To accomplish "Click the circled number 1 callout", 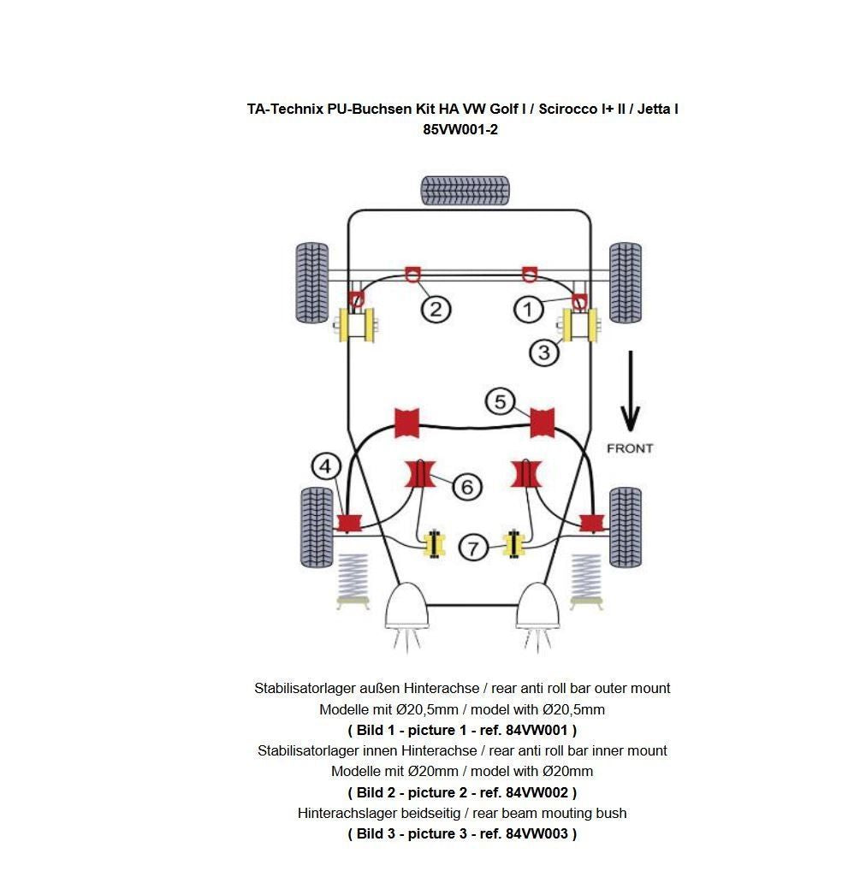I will (x=528, y=309).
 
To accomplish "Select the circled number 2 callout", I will (x=435, y=309).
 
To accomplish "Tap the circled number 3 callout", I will (x=544, y=352).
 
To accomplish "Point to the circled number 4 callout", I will (x=325, y=466).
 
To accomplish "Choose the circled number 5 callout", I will (x=501, y=400).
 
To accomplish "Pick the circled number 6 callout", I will (x=466, y=487).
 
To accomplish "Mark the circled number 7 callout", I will (x=473, y=547).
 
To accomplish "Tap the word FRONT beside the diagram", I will (x=629, y=448).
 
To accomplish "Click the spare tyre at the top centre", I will (x=465, y=190).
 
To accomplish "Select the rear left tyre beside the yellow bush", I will (x=312, y=282).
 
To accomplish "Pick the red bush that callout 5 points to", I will (x=542, y=422).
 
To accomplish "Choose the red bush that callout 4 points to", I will (x=347, y=522).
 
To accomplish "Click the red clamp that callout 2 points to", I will (x=412, y=273).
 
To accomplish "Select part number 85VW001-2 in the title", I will (x=460, y=129).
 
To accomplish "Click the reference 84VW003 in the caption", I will (x=537, y=833).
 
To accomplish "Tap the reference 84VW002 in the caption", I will (x=537, y=792).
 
